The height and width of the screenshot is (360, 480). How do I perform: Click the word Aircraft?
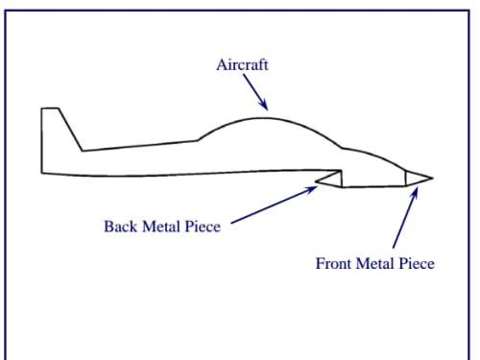(x=242, y=64)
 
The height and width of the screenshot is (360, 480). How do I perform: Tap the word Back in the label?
(x=120, y=227)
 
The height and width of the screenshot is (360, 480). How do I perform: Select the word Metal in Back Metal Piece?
(x=161, y=227)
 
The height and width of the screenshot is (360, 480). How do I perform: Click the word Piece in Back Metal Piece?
(x=203, y=227)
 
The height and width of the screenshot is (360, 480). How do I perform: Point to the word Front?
(x=333, y=263)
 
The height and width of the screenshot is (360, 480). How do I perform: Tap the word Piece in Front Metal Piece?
(x=417, y=263)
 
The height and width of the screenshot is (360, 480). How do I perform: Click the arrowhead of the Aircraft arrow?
(x=263, y=105)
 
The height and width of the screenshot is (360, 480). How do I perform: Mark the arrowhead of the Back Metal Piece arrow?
(x=311, y=189)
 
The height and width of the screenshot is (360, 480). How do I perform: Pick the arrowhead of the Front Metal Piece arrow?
(x=415, y=194)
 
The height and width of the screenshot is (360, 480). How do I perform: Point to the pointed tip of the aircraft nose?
(x=433, y=178)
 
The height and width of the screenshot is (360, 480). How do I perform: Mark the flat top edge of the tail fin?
(x=50, y=108)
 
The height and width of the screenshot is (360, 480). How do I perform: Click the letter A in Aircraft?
(x=222, y=64)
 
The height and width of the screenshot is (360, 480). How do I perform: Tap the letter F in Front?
(x=320, y=263)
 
